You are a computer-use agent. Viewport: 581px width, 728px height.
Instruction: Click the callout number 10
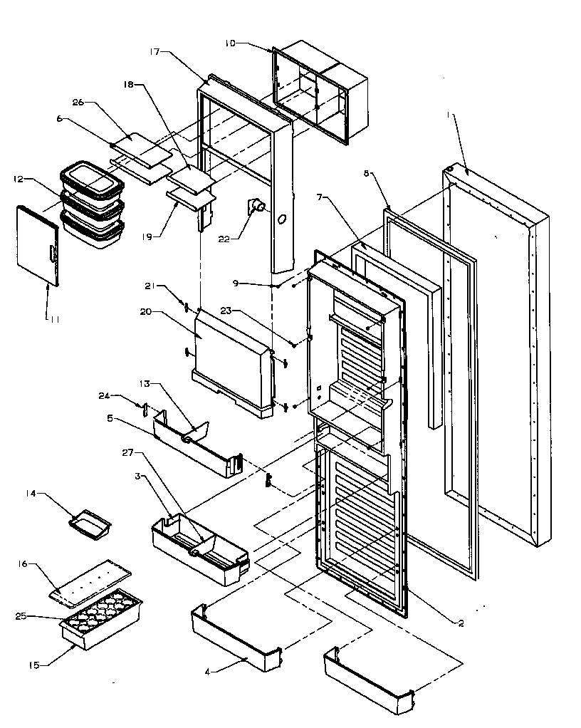coord(231,44)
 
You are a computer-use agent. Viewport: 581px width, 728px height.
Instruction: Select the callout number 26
coord(78,102)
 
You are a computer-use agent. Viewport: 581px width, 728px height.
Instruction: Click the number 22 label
coord(224,239)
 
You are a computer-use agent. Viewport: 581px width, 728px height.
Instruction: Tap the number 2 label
coord(461,624)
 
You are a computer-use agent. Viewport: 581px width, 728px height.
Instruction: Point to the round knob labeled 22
coord(257,207)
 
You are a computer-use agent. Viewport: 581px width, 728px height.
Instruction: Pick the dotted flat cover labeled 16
coord(90,581)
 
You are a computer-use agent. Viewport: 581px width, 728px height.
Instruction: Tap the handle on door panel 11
coord(52,253)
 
